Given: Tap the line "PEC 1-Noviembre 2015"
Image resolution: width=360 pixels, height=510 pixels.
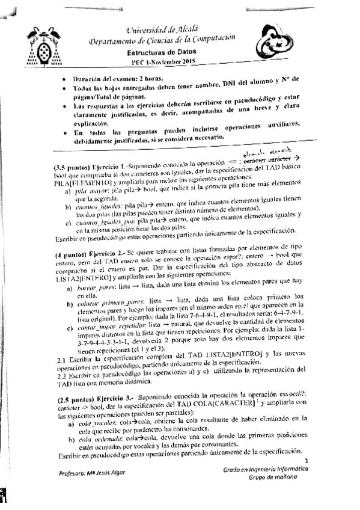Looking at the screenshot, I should pyautogui.click(x=160, y=63).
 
